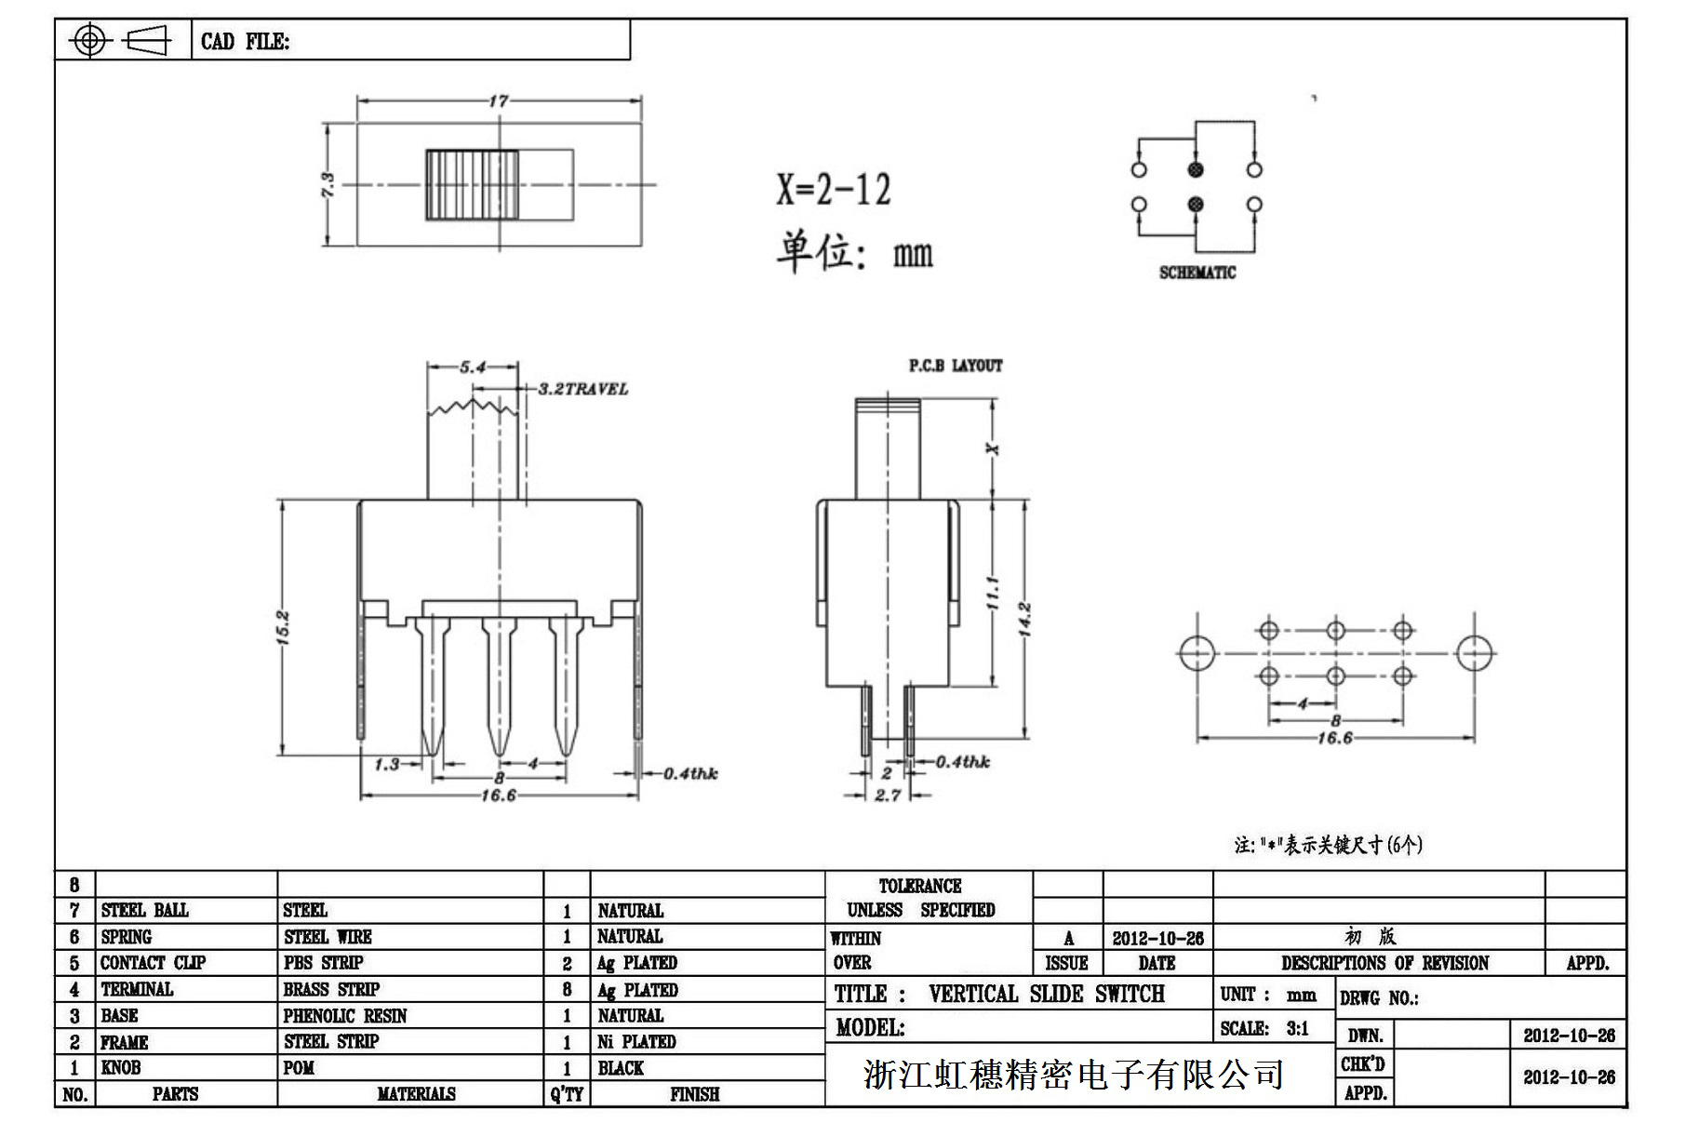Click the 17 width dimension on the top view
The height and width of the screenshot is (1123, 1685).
pyautogui.click(x=499, y=100)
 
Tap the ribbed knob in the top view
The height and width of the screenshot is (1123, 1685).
pyautogui.click(x=472, y=185)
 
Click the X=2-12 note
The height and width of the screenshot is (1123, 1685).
pyautogui.click(x=834, y=190)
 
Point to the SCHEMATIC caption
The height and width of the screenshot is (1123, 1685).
pyautogui.click(x=1197, y=273)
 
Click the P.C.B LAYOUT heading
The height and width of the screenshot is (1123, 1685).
pyautogui.click(x=956, y=366)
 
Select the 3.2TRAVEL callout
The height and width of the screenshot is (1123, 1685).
pyautogui.click(x=582, y=389)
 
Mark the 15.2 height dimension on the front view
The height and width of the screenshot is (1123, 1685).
pyautogui.click(x=284, y=627)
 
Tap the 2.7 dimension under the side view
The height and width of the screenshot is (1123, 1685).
pyautogui.click(x=888, y=795)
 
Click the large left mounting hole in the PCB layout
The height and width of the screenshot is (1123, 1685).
pyautogui.click(x=1197, y=653)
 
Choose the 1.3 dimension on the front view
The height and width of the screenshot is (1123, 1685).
pyautogui.click(x=387, y=765)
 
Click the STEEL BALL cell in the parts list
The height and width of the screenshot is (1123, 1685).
pyautogui.click(x=144, y=910)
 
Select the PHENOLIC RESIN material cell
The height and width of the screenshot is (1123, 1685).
pyautogui.click(x=345, y=1016)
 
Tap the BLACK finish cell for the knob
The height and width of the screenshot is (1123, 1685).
pyautogui.click(x=621, y=1068)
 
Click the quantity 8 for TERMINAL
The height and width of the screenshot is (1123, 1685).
pyautogui.click(x=567, y=990)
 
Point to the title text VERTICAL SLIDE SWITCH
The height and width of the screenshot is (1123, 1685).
pyautogui.click(x=1046, y=994)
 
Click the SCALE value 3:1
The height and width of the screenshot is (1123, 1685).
pyautogui.click(x=1297, y=1028)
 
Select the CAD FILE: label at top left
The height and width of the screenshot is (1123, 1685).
pyautogui.click(x=245, y=42)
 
